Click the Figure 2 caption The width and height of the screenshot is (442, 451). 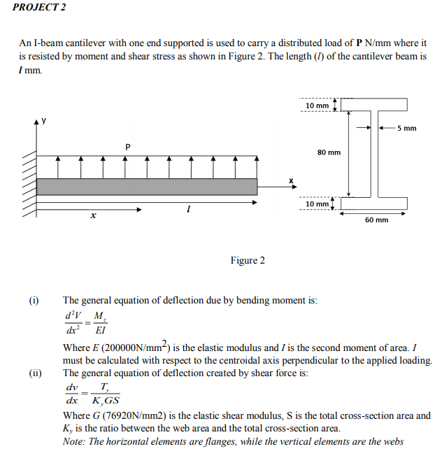(248, 261)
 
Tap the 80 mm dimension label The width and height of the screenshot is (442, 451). (329, 152)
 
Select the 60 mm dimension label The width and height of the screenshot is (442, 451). (376, 220)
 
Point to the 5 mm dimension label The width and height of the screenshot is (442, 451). (406, 128)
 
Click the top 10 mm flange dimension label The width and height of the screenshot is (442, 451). (317, 105)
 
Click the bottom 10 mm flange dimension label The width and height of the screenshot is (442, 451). (317, 203)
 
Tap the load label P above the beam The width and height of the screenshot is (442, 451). (127, 147)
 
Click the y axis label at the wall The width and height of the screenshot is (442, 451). (43, 120)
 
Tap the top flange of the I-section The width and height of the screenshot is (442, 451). (375, 105)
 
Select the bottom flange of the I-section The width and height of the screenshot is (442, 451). (375, 203)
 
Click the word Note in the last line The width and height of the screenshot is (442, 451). (73, 441)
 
